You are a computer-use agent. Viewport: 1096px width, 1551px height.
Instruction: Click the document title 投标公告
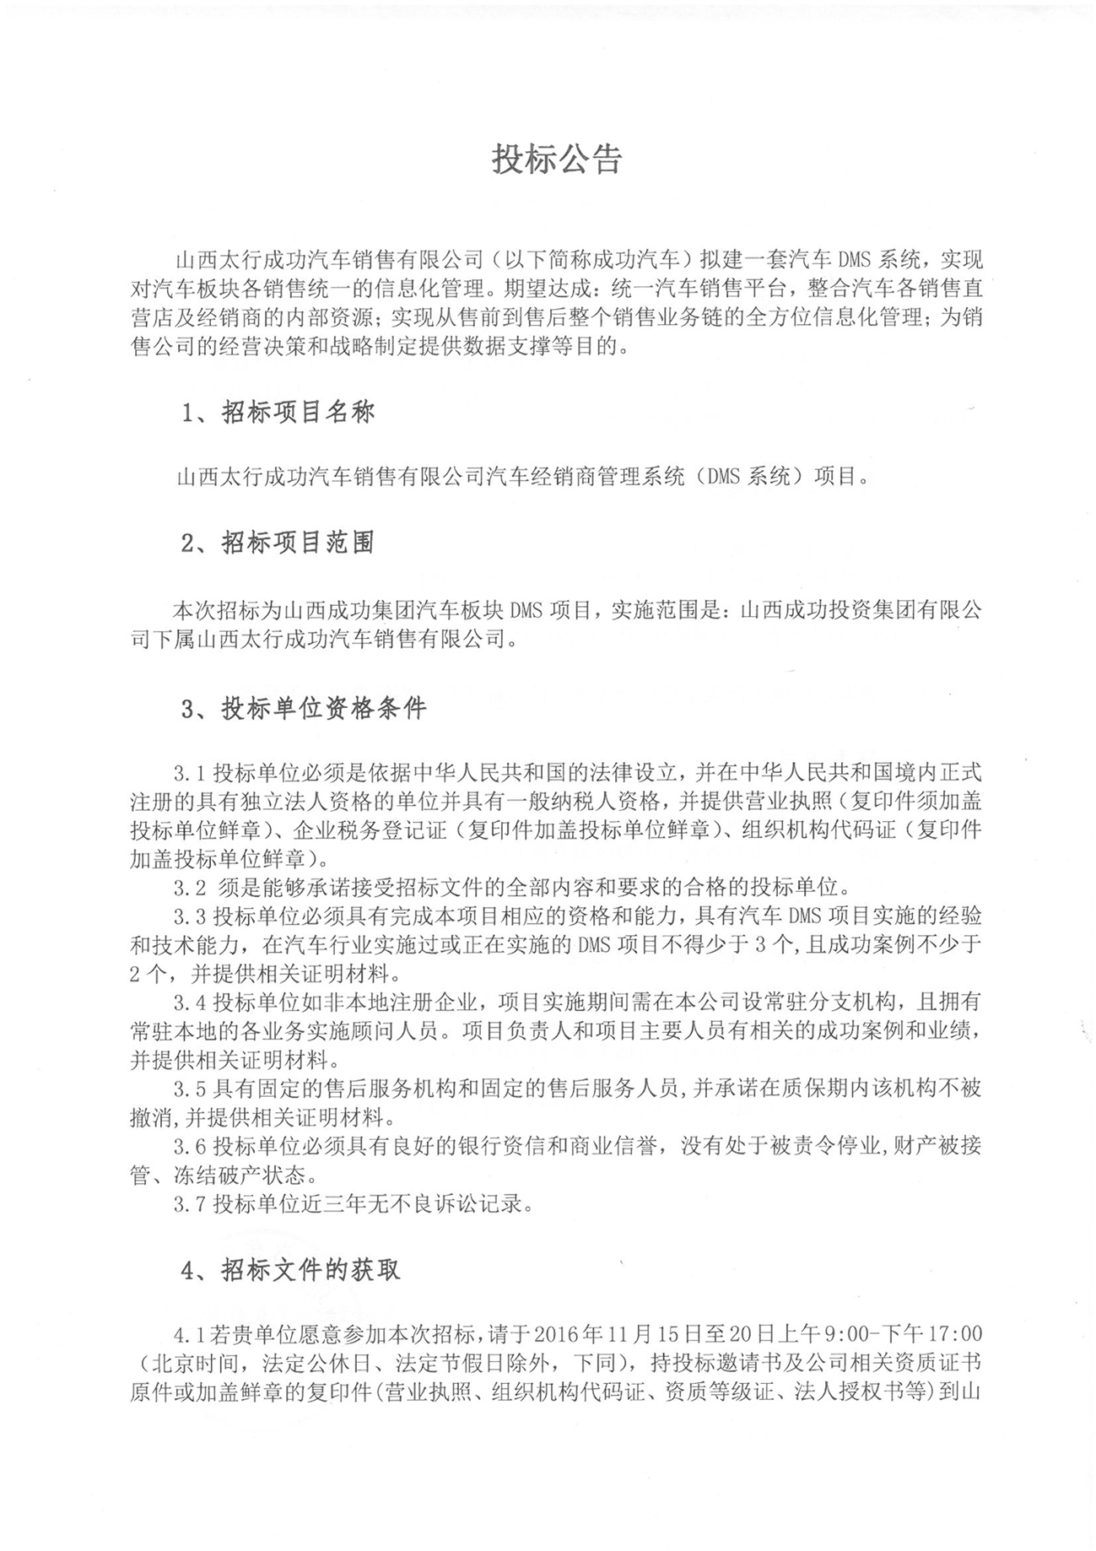coord(557,159)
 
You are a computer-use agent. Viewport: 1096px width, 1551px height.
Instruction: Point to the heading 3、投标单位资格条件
coord(305,708)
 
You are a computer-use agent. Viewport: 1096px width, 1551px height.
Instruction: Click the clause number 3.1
coord(190,772)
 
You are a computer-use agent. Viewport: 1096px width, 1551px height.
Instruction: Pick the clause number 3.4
coord(190,1002)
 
